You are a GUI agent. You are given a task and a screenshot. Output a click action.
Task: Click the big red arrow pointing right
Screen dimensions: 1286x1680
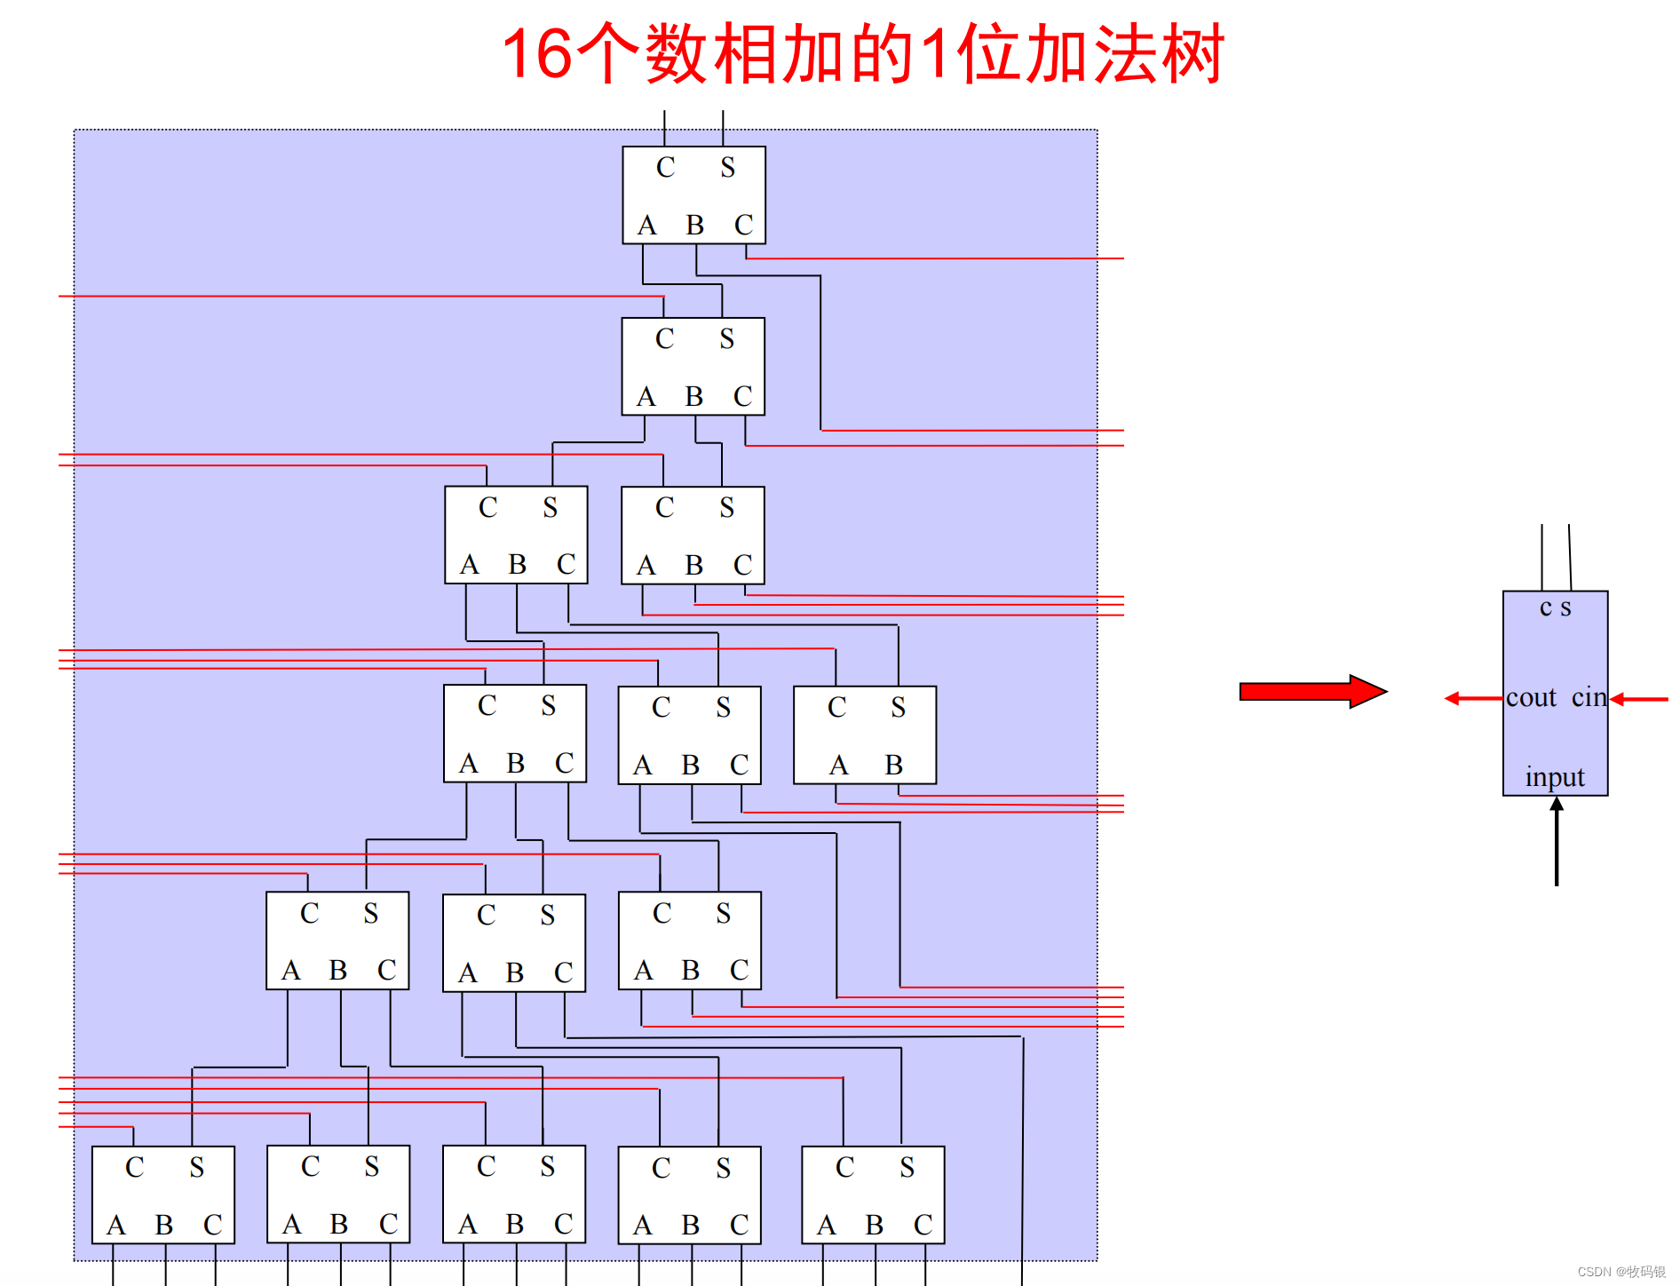tap(1312, 691)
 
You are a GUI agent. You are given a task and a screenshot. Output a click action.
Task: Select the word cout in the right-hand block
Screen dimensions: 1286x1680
tap(1531, 698)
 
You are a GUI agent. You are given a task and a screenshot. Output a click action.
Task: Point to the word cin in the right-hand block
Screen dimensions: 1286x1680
tap(1589, 698)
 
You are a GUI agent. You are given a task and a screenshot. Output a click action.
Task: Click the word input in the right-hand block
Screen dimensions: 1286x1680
tap(1555, 777)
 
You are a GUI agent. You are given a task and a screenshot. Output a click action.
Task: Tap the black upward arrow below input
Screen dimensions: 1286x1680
tap(1557, 839)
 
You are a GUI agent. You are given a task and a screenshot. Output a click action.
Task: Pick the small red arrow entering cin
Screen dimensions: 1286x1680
tap(1639, 700)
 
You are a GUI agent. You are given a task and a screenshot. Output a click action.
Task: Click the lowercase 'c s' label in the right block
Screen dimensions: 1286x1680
tap(1555, 608)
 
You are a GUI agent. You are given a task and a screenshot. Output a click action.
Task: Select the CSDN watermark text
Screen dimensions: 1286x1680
tap(1621, 1272)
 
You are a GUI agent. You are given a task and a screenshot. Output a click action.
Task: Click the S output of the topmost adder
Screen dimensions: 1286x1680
tap(727, 168)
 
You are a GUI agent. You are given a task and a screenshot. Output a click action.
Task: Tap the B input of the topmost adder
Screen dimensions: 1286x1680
tap(694, 226)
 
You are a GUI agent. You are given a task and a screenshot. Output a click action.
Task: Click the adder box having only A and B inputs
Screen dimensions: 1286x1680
tap(864, 734)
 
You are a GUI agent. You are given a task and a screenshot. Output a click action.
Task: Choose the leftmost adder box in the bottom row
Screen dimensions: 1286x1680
tap(163, 1195)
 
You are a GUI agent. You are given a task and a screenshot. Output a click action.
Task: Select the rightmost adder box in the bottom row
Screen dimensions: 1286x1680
tap(873, 1195)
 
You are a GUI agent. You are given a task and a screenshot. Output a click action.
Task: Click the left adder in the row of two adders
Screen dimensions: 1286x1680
tap(516, 535)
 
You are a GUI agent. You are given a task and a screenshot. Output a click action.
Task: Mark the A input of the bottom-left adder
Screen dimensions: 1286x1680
tap(115, 1226)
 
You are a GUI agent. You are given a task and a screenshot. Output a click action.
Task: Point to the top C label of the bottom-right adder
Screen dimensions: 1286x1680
tap(844, 1168)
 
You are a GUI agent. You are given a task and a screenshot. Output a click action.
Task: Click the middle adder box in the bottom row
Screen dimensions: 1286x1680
tap(514, 1195)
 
